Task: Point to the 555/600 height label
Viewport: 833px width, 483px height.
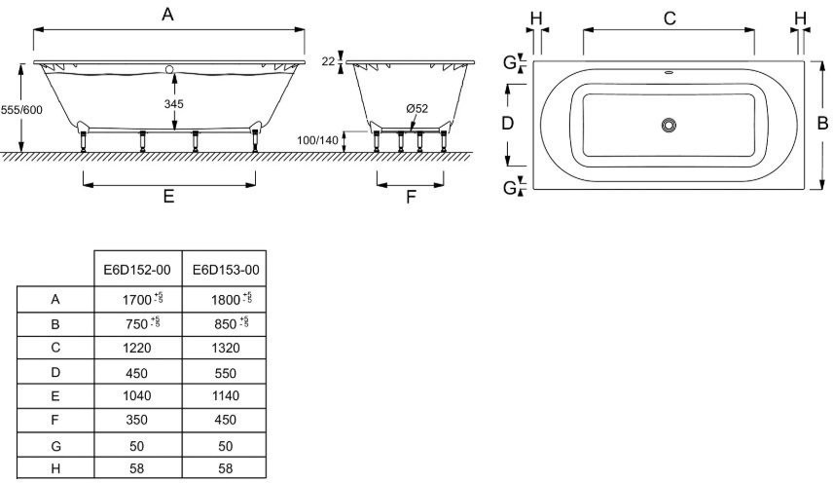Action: tap(21, 110)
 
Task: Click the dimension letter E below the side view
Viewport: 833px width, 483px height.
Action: tap(168, 196)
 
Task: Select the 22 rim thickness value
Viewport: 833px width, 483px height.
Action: tap(328, 61)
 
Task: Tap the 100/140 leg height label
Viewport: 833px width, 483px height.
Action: tap(318, 140)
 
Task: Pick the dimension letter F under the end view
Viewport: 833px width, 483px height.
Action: tap(411, 196)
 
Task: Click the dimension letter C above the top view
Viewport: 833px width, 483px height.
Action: tap(670, 18)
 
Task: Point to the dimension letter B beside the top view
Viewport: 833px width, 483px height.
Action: tap(821, 125)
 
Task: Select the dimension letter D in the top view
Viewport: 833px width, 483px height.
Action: tap(506, 124)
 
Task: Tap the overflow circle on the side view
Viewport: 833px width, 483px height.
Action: tap(169, 69)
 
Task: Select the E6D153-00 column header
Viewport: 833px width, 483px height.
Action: tap(225, 270)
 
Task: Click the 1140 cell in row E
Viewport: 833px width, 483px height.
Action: tap(225, 396)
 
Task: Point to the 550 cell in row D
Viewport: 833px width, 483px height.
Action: tap(225, 372)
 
